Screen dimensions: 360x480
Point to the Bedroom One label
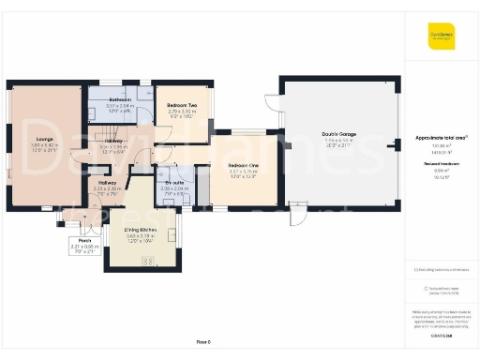pyautogui.click(x=242, y=165)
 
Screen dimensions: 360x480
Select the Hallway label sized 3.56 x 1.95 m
pyautogui.click(x=112, y=141)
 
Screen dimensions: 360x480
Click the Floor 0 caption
pyautogui.click(x=204, y=342)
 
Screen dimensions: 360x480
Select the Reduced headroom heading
pyautogui.click(x=441, y=162)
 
